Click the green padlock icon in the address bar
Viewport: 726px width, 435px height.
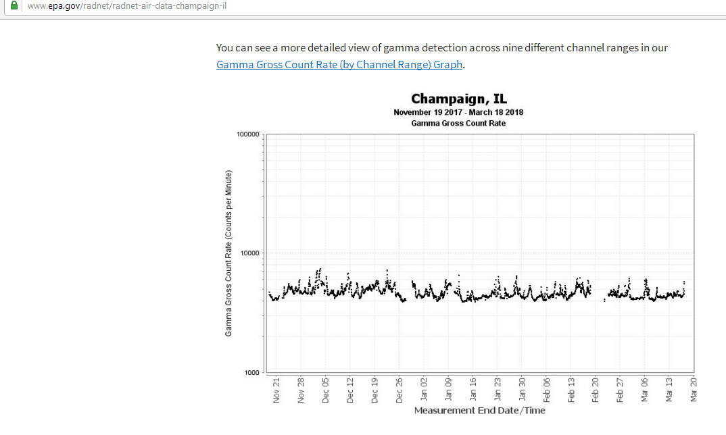tap(14, 6)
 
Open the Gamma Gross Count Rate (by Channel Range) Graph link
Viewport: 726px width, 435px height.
tap(339, 65)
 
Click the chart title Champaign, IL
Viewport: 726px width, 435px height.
tap(459, 100)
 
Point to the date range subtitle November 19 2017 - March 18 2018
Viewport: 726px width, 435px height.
tap(458, 112)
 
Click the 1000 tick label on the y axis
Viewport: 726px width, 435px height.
tap(252, 372)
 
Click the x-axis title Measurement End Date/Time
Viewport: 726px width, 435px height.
tap(479, 410)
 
